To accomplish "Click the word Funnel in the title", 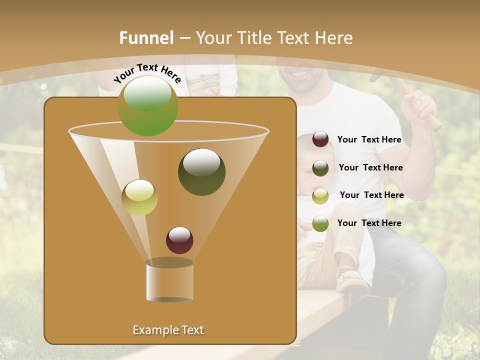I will pos(146,38).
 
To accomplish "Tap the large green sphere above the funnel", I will pos(148,106).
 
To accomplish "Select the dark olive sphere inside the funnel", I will pos(201,172).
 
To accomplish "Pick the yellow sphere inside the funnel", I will pos(139,197).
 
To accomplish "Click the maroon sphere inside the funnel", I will pos(179,240).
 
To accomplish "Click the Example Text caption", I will pos(168,330).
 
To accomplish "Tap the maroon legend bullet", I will pos(320,139).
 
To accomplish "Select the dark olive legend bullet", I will pos(320,168).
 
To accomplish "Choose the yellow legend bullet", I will pos(320,196).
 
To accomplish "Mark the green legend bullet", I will pos(320,223).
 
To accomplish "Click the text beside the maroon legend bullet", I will pos(369,140).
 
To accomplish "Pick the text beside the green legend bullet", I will pos(369,223).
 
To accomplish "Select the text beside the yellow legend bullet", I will pos(371,195).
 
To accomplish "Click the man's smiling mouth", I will pos(300,74).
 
